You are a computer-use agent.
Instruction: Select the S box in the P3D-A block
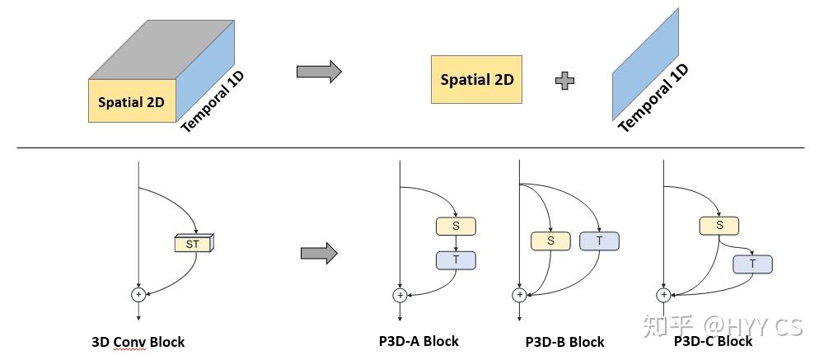point(456,226)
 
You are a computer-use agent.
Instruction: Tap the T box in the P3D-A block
point(456,259)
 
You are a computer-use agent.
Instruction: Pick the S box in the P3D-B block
point(550,241)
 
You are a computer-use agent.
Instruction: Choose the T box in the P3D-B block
point(599,241)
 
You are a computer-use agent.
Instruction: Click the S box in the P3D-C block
point(719,225)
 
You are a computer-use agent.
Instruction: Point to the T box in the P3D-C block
point(753,264)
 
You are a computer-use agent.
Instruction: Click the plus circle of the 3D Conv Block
point(138,294)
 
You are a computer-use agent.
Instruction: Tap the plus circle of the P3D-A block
point(400,294)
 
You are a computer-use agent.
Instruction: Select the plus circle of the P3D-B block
point(519,294)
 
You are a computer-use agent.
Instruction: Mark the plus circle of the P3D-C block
point(662,294)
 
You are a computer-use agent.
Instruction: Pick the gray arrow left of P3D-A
point(319,253)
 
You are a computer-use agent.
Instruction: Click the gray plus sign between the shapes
point(565,80)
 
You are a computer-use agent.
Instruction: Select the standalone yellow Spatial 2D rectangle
point(476,80)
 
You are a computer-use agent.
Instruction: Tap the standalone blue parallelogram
point(646,66)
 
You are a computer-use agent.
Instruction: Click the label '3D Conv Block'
point(138,342)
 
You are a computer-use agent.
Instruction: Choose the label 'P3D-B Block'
point(564,342)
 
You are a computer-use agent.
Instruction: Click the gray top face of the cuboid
point(162,49)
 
